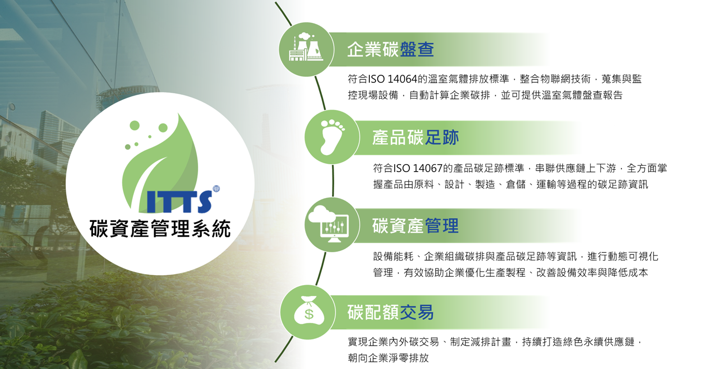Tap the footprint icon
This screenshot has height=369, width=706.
(332, 137)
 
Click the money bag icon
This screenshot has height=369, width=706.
(309, 310)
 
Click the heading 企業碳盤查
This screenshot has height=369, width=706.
(391, 49)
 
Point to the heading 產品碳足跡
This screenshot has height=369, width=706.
(416, 137)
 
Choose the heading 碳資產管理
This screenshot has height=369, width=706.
(416, 225)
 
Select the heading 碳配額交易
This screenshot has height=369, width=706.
(391, 312)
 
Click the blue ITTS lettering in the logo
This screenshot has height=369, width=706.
(179, 202)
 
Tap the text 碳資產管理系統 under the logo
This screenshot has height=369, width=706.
(160, 229)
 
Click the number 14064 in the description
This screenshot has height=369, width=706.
(402, 79)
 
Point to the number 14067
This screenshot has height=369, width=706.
(427, 168)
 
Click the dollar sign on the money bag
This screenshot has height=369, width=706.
(309, 314)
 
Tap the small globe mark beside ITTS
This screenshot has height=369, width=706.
(216, 189)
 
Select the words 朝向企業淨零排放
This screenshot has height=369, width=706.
(389, 358)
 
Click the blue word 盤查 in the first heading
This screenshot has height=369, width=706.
(417, 49)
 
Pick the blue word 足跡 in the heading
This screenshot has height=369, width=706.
(441, 137)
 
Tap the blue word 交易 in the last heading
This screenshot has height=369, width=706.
(417, 312)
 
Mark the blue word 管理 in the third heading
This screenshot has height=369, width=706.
(441, 225)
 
